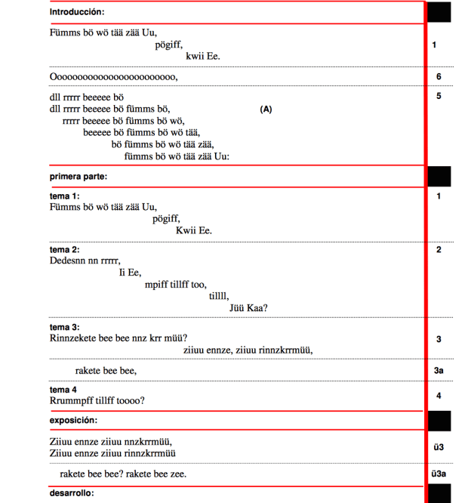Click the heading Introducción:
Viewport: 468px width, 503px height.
77,12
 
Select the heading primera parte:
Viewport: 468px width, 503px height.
79,177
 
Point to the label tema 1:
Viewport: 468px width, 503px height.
65,196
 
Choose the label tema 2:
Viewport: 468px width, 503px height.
65,250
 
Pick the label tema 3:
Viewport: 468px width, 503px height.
65,327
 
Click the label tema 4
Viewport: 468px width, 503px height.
63,390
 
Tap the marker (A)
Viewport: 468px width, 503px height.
266,110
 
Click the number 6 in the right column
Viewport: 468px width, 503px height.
439,77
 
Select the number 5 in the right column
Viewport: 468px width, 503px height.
439,96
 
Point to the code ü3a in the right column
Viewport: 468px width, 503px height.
438,474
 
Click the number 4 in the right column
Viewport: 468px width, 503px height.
439,396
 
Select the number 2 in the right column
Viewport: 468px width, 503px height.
439,250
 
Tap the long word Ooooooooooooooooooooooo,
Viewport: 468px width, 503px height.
114,77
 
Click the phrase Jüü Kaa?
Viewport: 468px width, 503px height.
249,307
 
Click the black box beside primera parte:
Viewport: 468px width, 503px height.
439,177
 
